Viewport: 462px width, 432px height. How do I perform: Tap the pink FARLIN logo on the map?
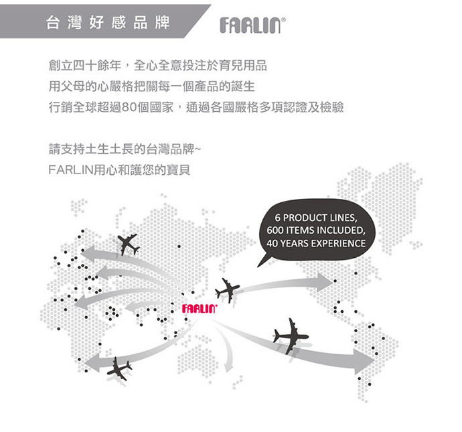[x=200, y=309]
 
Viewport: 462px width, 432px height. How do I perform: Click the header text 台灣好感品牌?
[x=108, y=23]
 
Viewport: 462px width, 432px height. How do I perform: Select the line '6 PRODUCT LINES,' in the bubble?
[x=316, y=218]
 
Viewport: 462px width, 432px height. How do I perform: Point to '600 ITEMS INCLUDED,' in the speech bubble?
[x=316, y=230]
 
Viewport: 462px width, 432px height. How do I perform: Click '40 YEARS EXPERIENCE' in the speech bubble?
[x=316, y=243]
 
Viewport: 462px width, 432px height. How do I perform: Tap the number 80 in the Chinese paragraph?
[x=129, y=107]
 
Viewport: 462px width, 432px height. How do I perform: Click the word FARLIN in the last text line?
[x=71, y=170]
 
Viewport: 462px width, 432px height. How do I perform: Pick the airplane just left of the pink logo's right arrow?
[x=227, y=289]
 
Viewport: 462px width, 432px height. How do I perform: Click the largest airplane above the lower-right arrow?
[x=291, y=336]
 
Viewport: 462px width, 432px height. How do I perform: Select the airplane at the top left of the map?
[x=128, y=244]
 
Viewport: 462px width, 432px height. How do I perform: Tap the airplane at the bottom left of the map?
[x=119, y=368]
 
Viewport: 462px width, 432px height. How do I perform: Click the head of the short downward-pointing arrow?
[x=228, y=368]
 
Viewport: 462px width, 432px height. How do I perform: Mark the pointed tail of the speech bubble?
[x=258, y=267]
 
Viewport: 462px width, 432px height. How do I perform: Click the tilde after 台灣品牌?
[x=198, y=149]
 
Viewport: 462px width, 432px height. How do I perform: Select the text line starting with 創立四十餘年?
[x=157, y=66]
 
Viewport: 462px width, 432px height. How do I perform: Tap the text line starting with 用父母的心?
[x=151, y=86]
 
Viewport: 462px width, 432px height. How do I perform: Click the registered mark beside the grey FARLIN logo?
[x=283, y=19]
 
